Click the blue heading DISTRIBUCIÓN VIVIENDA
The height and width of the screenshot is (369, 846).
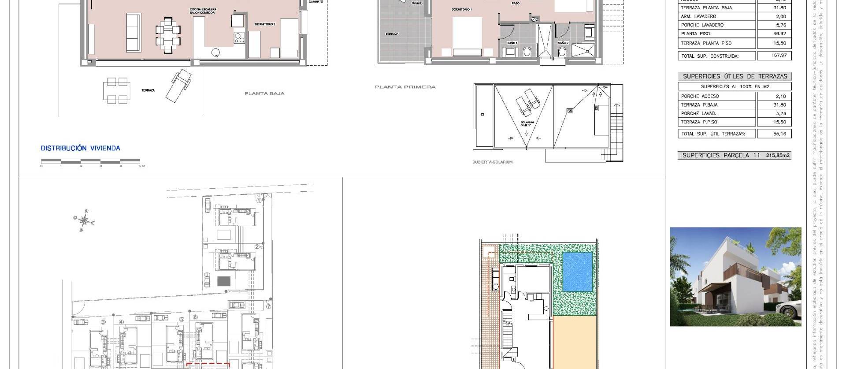click(80, 148)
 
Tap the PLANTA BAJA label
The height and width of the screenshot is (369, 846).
click(264, 93)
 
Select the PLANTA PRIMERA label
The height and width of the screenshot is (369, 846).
click(405, 87)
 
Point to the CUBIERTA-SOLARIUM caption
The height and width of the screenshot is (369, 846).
click(492, 162)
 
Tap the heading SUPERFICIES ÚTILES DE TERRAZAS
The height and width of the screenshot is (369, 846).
click(735, 76)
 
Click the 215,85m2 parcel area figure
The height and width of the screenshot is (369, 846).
click(778, 155)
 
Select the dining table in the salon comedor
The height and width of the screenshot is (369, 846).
click(168, 35)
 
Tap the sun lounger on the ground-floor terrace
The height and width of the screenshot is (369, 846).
click(178, 86)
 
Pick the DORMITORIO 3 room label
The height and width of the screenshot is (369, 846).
click(265, 25)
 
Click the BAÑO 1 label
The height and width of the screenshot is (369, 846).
click(512, 43)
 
